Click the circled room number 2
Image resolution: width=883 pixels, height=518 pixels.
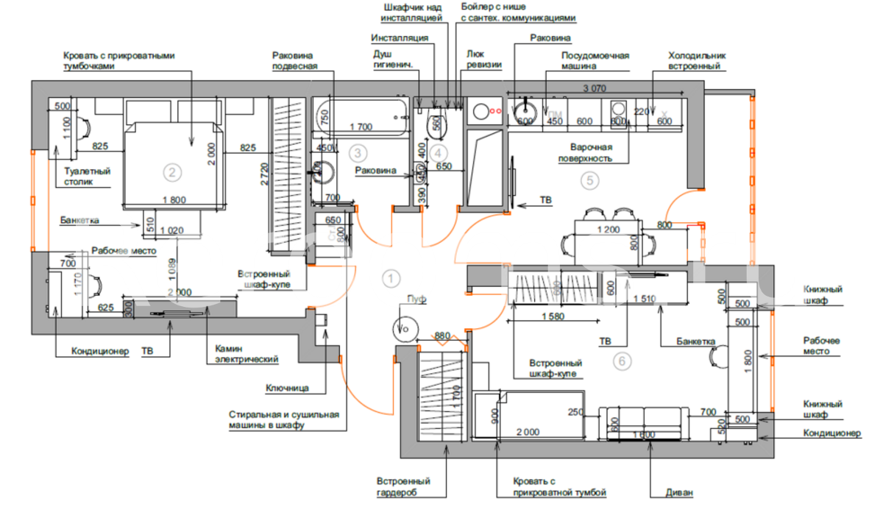click(171, 173)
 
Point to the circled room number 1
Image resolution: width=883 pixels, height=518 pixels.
click(391, 277)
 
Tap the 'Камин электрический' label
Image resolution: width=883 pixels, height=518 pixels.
click(247, 354)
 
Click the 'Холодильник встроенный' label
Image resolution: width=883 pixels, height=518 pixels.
click(697, 60)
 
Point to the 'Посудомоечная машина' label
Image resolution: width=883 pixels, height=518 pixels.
click(595, 60)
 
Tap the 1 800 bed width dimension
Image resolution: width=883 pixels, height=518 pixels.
click(174, 199)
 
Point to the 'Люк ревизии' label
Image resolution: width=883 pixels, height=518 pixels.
click(484, 59)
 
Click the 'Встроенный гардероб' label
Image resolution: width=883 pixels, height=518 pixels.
click(403, 486)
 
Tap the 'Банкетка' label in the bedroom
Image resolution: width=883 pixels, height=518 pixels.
click(80, 219)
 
